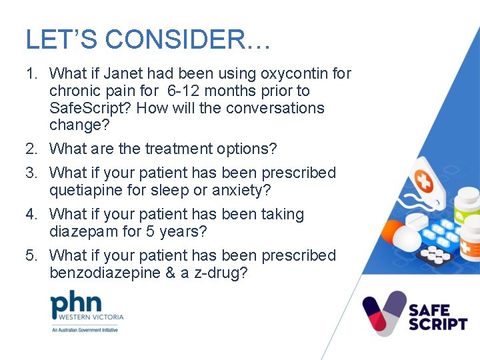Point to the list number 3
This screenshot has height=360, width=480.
pyautogui.click(x=31, y=173)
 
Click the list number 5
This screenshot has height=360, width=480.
pyautogui.click(x=31, y=255)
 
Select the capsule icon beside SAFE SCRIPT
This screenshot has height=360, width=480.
pyautogui.click(x=384, y=313)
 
